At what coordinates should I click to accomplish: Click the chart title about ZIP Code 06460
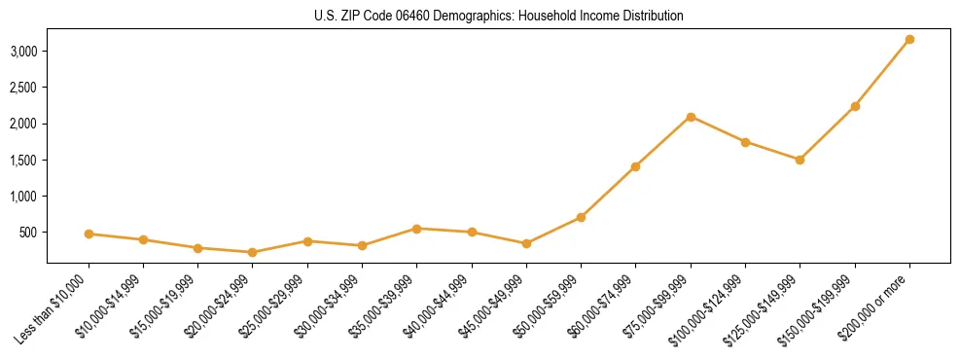499,17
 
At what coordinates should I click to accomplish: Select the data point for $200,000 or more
909,39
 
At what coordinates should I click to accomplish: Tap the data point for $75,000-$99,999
691,117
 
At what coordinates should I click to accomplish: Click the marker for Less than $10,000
89,234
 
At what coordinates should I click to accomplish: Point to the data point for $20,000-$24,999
253,252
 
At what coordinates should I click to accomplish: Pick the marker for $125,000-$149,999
800,160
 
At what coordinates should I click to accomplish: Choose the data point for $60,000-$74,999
635,166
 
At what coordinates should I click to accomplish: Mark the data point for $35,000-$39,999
416,229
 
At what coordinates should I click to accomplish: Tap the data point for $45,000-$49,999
526,243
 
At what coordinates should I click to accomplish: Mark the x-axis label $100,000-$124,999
710,307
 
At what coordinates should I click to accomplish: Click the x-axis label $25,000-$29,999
274,306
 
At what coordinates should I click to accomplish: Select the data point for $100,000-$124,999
745,142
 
